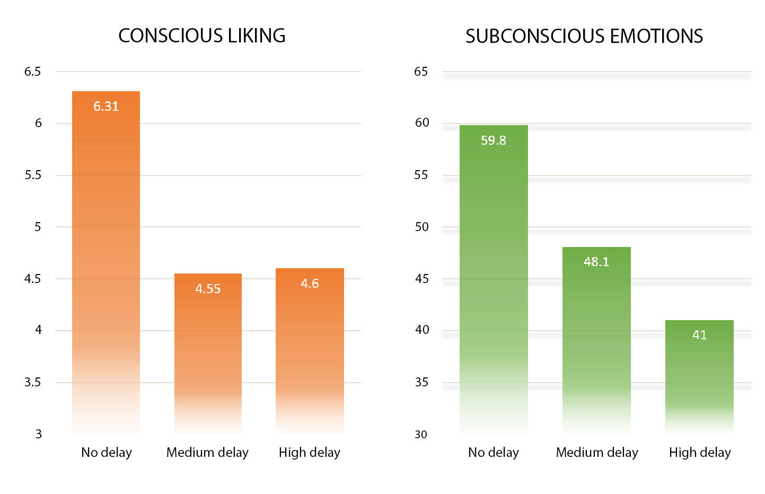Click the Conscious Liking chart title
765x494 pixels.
pos(201,36)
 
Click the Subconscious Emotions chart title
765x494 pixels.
pos(584,36)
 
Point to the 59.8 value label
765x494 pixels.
pos(494,140)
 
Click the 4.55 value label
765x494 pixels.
pos(208,289)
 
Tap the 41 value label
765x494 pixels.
pos(699,335)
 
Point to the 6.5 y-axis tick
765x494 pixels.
pos(32,72)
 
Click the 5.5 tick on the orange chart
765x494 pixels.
pos(32,175)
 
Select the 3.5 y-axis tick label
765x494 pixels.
pos(32,382)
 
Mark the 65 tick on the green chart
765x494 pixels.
pos(421,72)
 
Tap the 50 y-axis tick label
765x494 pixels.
pos(421,227)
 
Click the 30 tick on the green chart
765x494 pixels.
pos(421,435)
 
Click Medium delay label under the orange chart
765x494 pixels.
pos(207,453)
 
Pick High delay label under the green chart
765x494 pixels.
pos(700,453)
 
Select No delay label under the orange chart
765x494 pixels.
pos(107,453)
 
